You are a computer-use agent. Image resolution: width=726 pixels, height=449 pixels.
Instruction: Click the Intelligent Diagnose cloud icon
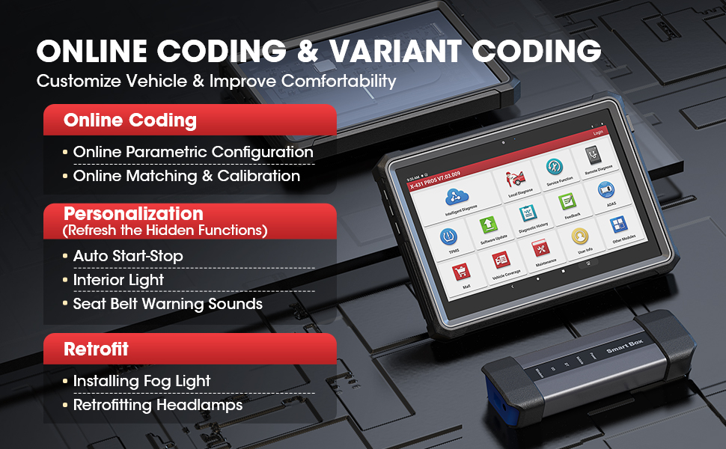pos(452,198)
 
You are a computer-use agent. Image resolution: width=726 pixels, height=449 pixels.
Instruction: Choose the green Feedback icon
pos(567,203)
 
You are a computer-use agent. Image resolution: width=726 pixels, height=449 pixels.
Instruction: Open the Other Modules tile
pos(618,225)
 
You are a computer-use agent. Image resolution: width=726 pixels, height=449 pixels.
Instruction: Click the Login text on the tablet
pos(597,132)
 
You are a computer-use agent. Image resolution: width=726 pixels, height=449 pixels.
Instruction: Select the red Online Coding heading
pos(130,120)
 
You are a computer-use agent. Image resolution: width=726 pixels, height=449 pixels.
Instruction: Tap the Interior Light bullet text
pos(118,280)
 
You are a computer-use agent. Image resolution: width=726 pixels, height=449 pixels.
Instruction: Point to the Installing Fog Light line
pos(141,381)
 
